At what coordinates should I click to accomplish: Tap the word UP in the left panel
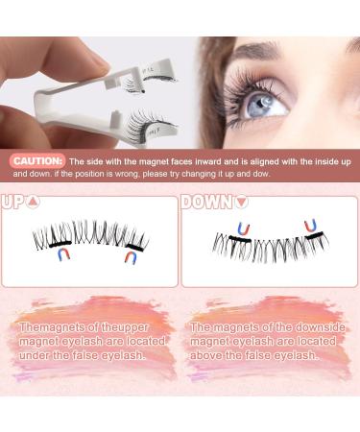13,202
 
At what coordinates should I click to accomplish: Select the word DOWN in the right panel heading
205,202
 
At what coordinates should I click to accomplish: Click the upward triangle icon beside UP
34,202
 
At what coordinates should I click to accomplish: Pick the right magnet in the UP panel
130,256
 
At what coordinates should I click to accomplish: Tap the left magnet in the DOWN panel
243,228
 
